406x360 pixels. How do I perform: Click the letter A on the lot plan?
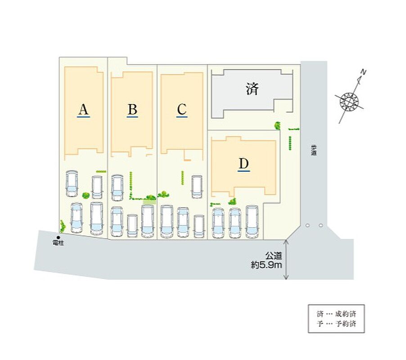pyautogui.click(x=83, y=109)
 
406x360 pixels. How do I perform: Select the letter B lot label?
pyautogui.click(x=132, y=109)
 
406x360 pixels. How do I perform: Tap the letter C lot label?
pyautogui.click(x=181, y=109)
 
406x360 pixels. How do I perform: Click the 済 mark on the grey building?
pyautogui.click(x=253, y=89)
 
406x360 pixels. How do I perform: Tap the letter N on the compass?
pyautogui.click(x=364, y=72)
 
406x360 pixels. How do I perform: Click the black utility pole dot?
pyautogui.click(x=58, y=238)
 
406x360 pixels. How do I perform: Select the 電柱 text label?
pyautogui.click(x=58, y=243)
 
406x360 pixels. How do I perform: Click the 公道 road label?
pyautogui.click(x=274, y=256)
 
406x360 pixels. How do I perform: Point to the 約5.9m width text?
pyautogui.click(x=266, y=265)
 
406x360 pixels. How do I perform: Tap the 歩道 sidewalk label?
pyautogui.click(x=313, y=150)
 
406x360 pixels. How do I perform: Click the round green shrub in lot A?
pyautogui.click(x=86, y=195)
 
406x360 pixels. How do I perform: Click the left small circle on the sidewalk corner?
pyautogui.click(x=307, y=225)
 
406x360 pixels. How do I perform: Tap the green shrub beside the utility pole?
pyautogui.click(x=63, y=225)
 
